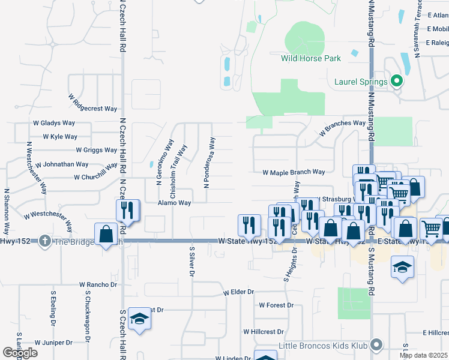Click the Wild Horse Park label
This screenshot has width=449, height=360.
point(311,58)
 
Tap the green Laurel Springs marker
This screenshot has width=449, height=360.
point(396,80)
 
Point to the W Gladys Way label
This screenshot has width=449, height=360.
point(54,122)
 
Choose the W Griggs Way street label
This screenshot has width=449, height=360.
point(96,150)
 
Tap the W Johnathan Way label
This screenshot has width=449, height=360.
point(62,164)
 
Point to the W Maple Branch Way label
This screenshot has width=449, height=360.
point(294,172)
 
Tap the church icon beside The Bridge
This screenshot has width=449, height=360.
point(44,241)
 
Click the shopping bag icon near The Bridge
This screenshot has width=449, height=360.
point(106,234)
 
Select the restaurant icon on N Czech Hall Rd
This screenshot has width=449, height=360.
point(128,209)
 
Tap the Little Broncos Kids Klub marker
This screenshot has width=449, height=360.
point(376,344)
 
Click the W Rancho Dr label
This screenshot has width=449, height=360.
point(98,284)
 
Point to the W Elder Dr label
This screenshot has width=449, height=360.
point(238,292)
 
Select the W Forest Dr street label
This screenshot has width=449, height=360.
point(276,305)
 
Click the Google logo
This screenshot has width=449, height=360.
point(20,353)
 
